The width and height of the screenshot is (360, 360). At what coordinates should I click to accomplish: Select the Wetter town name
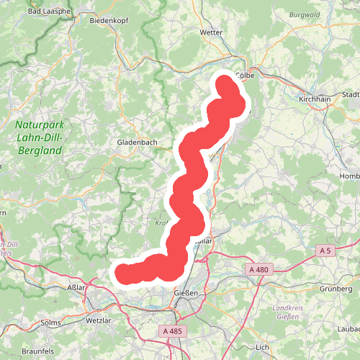(211, 32)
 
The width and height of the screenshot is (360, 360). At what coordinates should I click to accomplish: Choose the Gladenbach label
(137, 143)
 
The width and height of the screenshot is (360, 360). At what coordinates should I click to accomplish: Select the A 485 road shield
(171, 331)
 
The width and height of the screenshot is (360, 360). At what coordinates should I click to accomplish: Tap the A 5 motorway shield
(326, 250)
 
